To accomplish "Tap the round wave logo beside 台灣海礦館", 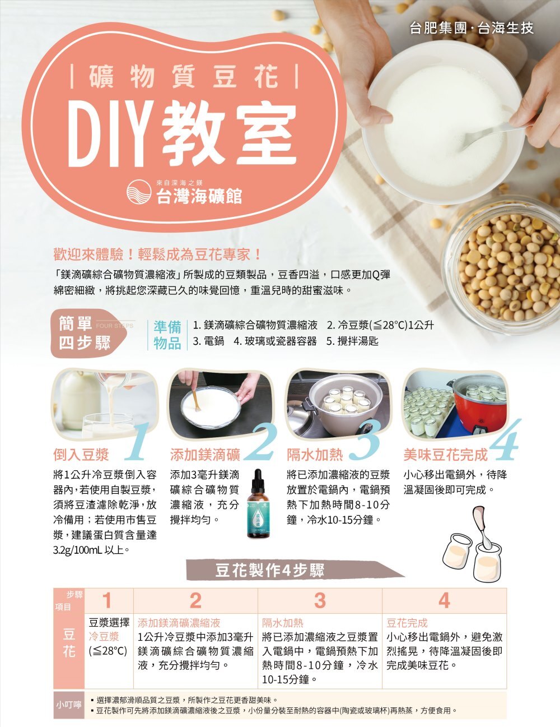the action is pyautogui.click(x=139, y=192).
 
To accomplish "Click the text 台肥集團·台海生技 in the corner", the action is pyautogui.click(x=472, y=29).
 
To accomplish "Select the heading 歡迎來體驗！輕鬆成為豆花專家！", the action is pyautogui.click(x=158, y=255).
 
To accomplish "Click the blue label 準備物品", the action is pyautogui.click(x=167, y=335).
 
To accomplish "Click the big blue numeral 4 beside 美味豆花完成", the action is pyautogui.click(x=505, y=439).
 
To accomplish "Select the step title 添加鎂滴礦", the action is pyautogui.click(x=205, y=455).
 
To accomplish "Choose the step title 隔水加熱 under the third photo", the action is pyautogui.click(x=315, y=455).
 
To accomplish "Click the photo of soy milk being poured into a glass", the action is pyautogui.click(x=105, y=404).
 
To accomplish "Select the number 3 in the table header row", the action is pyautogui.click(x=320, y=600).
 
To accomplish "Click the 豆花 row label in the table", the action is pyautogui.click(x=69, y=643).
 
